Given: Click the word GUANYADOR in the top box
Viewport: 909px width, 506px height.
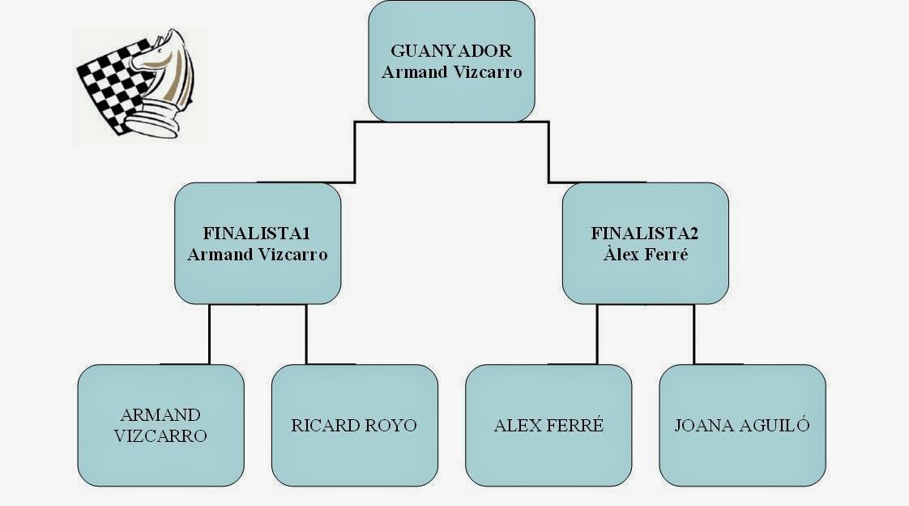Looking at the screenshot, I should (451, 51).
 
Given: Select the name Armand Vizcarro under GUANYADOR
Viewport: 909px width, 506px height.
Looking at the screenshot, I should (451, 71).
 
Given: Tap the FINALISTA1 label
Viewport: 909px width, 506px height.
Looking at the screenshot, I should (257, 234).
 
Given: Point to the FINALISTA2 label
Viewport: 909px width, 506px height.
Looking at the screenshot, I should (645, 234).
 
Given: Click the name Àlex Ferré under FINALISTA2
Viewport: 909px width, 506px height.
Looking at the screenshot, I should (645, 254).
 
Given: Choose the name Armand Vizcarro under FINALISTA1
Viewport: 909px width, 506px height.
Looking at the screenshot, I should (257, 254).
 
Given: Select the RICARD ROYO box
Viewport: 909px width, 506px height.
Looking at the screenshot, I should (354, 425).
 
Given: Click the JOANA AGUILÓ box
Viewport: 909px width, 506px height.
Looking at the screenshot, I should (742, 425).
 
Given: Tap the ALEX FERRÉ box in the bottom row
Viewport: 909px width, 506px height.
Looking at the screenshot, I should (548, 425).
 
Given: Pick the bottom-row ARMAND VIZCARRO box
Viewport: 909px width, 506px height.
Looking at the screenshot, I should (160, 425).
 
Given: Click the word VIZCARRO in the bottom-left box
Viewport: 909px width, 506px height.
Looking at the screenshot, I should (160, 435).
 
